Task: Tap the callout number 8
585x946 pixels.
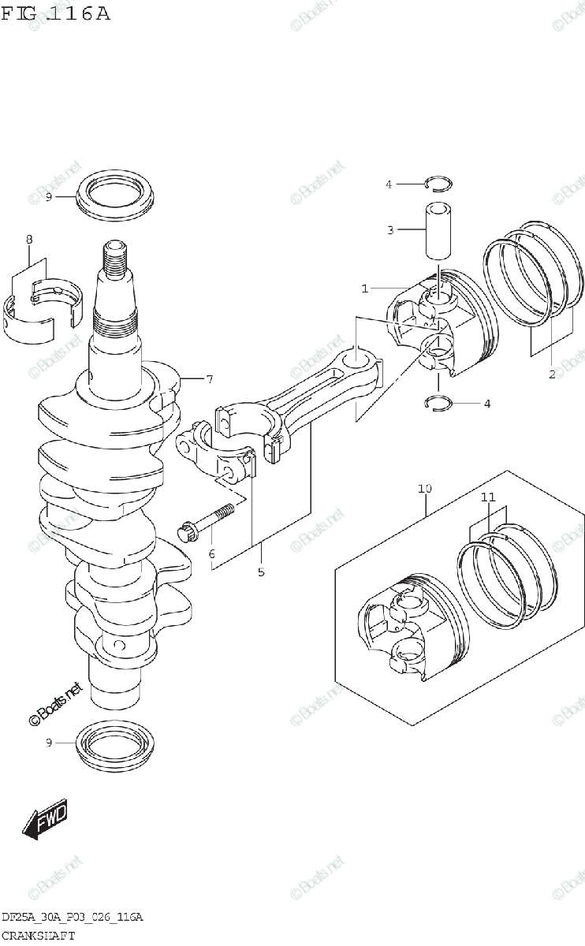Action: point(29,239)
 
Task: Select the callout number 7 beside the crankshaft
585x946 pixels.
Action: point(210,379)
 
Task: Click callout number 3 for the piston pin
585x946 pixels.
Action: point(389,230)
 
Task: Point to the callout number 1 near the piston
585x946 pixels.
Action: point(365,289)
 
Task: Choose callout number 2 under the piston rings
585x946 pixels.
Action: point(552,374)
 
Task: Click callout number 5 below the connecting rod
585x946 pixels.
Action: point(261,572)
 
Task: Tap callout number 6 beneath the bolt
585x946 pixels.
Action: point(211,554)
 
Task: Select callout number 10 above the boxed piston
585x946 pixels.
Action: point(425,489)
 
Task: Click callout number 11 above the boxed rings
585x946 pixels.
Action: point(488,497)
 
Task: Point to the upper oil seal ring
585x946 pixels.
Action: point(116,194)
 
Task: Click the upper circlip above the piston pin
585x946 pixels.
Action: point(438,184)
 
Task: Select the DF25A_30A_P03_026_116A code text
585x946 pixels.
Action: point(72,918)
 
